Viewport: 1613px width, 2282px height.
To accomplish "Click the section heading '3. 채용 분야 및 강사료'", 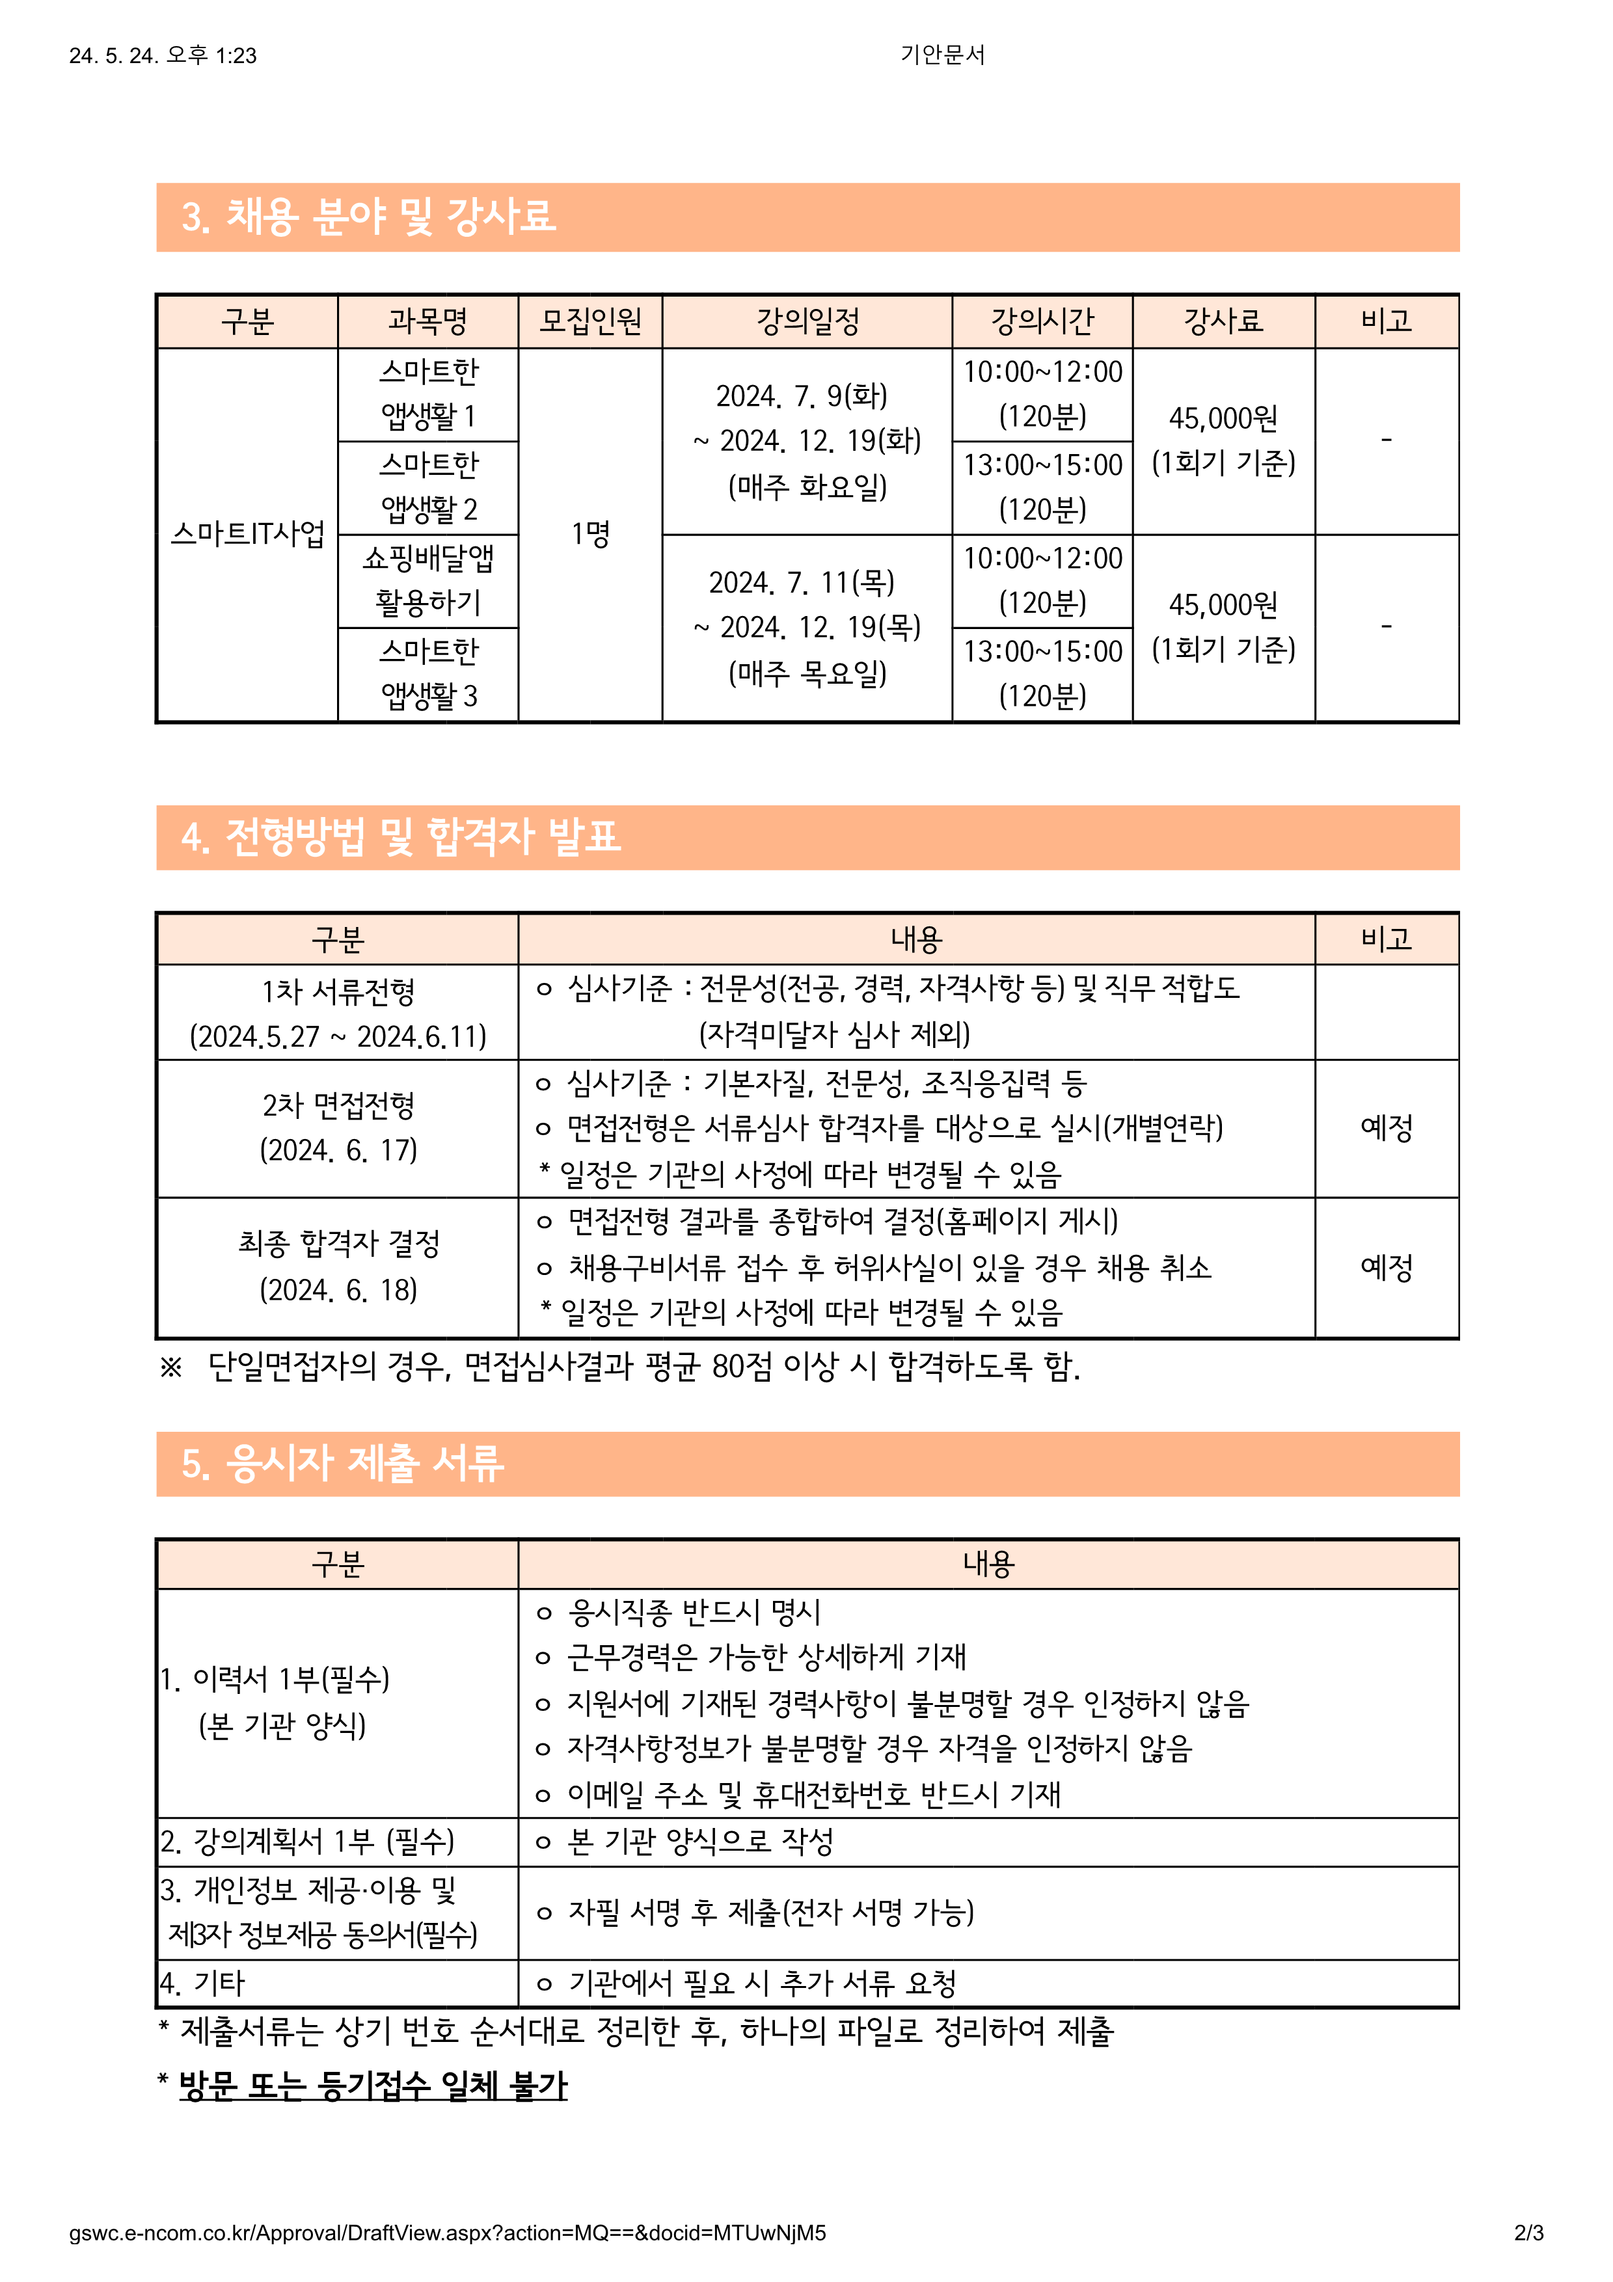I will (369, 217).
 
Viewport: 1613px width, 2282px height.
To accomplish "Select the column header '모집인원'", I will (590, 321).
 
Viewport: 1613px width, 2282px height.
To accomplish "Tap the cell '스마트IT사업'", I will (247, 533).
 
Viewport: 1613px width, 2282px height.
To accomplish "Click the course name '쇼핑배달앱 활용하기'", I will (428, 580).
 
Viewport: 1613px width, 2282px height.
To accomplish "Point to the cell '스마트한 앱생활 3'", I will (428, 674).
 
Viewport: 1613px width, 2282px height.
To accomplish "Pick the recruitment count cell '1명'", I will (590, 533).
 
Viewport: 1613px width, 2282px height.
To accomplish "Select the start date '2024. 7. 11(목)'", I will (801, 582).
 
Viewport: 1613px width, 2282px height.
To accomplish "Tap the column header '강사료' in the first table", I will (1223, 321).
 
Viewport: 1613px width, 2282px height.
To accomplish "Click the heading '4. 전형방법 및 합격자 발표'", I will (401, 837).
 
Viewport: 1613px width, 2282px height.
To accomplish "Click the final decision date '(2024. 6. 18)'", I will (338, 1290).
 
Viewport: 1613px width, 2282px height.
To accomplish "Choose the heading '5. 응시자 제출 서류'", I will (343, 1463).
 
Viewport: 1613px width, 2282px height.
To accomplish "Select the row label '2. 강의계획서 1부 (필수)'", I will (308, 1842).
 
